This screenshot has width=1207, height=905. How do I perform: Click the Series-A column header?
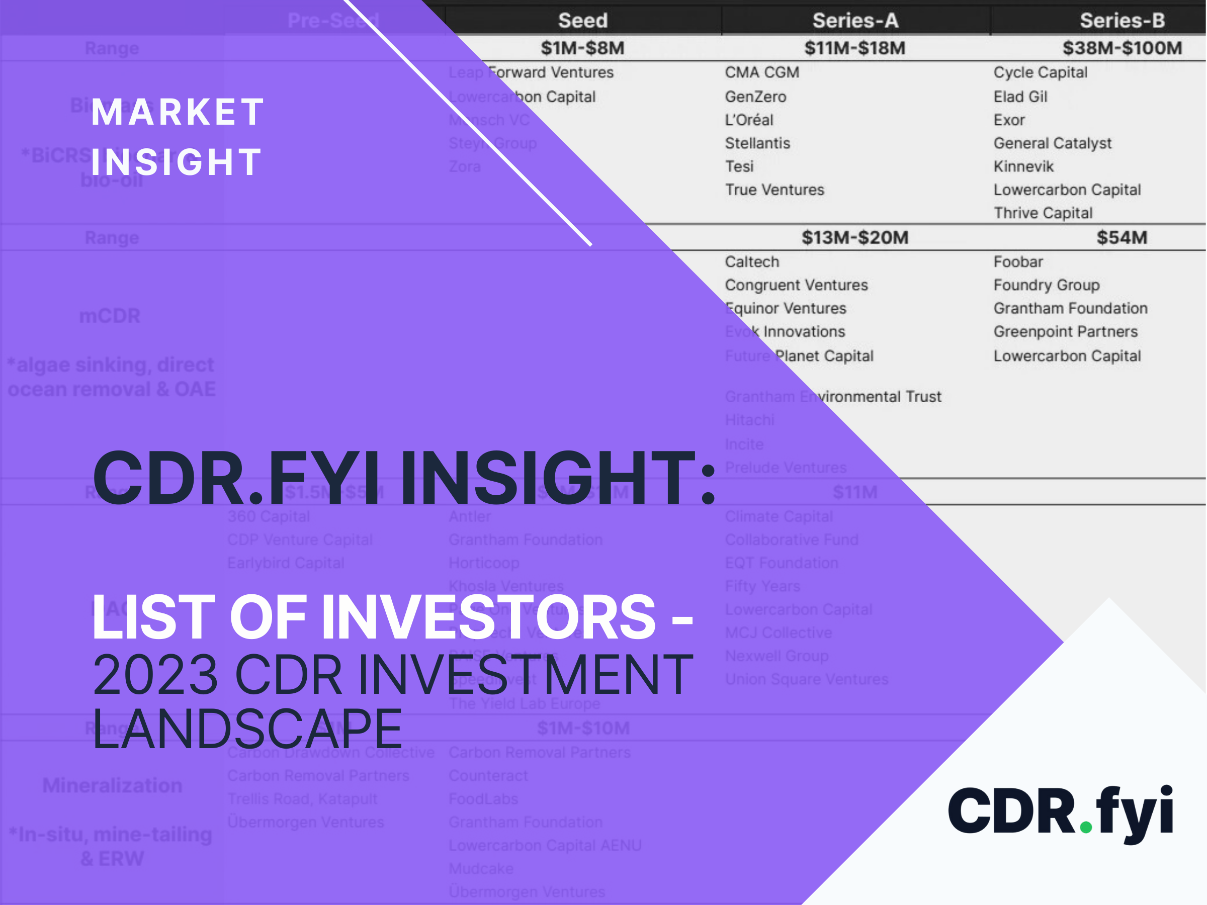(x=854, y=20)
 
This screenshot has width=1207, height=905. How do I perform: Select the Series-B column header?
(x=1122, y=20)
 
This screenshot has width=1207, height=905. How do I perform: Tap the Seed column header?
(x=582, y=20)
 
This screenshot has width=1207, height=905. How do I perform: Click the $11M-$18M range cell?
(x=854, y=48)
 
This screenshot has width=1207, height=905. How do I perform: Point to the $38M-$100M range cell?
(x=1122, y=48)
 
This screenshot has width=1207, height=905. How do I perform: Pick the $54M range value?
(x=1122, y=237)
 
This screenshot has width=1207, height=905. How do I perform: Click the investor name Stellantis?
(x=757, y=143)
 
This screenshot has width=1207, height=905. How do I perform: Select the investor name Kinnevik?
(x=1023, y=166)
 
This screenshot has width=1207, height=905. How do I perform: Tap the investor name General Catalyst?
(x=1052, y=143)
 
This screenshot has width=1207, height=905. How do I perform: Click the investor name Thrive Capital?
(x=1043, y=213)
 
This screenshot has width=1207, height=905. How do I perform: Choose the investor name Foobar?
(x=1018, y=262)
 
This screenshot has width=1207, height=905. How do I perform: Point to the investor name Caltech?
(x=751, y=262)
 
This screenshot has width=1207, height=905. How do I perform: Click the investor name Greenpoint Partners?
(x=1065, y=332)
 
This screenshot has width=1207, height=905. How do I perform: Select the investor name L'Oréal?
(x=749, y=120)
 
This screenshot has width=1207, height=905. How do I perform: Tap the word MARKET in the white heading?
(x=178, y=113)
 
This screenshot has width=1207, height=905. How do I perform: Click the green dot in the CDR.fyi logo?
(x=1086, y=827)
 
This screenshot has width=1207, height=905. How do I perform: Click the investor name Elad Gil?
(x=1020, y=97)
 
